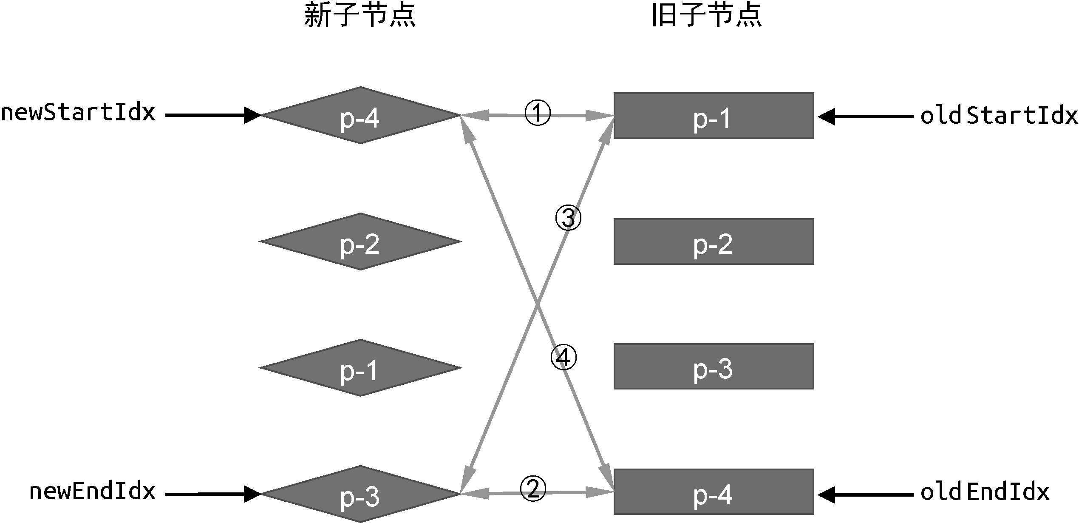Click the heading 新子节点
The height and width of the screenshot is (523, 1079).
click(360, 17)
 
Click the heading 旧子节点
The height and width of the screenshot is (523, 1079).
click(706, 17)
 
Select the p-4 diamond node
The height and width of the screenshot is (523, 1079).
click(360, 115)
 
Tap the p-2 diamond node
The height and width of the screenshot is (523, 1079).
click(360, 242)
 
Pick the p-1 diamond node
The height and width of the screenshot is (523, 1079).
click(360, 368)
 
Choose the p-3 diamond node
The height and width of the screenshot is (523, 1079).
click(360, 494)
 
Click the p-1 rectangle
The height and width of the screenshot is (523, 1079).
click(714, 116)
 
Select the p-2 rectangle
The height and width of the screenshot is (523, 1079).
click(714, 242)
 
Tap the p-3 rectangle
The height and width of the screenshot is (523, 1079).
click(714, 366)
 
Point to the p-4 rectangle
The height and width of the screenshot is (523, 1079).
click(714, 492)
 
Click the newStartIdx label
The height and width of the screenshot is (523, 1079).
click(78, 113)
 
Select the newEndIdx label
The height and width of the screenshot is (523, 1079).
click(93, 492)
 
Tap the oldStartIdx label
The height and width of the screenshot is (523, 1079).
click(999, 115)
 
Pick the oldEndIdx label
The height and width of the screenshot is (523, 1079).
click(985, 492)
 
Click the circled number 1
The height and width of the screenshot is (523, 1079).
click(538, 113)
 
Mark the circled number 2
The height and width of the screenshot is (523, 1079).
click(533, 489)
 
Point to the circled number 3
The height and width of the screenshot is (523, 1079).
click(568, 218)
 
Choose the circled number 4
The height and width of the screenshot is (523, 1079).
click(564, 358)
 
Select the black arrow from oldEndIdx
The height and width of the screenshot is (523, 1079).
click(865, 495)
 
